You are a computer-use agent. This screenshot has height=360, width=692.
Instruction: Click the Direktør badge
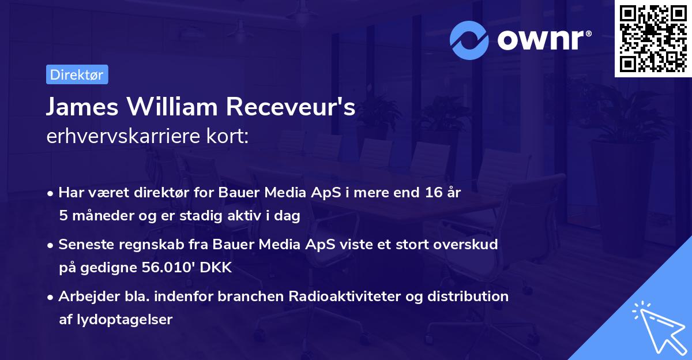77,74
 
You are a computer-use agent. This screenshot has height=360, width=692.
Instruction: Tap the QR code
652,38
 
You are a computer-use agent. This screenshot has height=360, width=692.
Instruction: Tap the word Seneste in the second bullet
83,245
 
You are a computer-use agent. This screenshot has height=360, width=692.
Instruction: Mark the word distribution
470,297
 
